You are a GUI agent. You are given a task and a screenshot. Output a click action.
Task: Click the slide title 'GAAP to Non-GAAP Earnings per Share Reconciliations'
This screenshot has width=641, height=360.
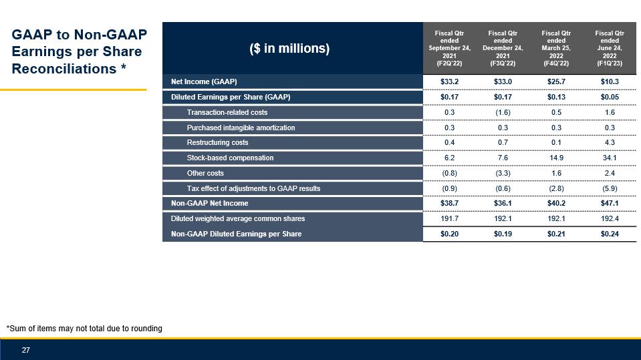click(79, 51)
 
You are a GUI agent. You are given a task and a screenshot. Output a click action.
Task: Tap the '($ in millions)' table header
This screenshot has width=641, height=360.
click(289, 49)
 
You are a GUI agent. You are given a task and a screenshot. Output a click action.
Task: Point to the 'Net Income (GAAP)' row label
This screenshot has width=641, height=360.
click(203, 82)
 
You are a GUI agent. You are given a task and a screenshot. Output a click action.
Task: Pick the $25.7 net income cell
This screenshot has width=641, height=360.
click(556, 82)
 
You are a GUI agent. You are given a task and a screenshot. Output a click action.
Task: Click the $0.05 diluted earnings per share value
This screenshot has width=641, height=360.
click(609, 98)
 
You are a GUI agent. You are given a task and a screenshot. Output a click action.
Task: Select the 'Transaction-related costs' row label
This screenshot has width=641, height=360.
click(227, 112)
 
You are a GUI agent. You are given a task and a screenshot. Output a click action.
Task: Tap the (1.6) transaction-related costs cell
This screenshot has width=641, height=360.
click(503, 112)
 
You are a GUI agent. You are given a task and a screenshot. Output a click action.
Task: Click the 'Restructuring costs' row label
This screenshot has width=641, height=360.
click(217, 142)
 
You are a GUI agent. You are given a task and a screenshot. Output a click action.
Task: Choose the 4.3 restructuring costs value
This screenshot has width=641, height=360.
click(609, 142)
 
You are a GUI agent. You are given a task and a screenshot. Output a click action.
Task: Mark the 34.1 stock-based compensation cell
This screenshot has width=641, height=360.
click(609, 158)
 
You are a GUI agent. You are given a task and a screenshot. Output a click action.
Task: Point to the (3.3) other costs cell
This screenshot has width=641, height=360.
click(503, 173)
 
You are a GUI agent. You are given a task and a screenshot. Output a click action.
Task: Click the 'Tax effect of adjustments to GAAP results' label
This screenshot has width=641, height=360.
click(253, 188)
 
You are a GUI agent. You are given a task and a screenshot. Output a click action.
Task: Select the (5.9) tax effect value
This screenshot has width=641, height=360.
click(609, 188)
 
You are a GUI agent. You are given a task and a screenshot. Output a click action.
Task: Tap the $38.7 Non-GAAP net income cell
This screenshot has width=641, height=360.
click(449, 203)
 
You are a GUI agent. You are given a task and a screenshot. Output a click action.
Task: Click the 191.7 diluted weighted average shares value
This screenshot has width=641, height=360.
click(449, 218)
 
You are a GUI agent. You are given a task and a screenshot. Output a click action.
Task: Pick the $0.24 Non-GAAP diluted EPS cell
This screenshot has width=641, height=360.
click(609, 234)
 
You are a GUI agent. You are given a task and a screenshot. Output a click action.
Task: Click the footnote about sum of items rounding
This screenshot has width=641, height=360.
click(84, 328)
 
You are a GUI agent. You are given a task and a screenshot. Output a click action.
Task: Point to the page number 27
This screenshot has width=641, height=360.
click(27, 350)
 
